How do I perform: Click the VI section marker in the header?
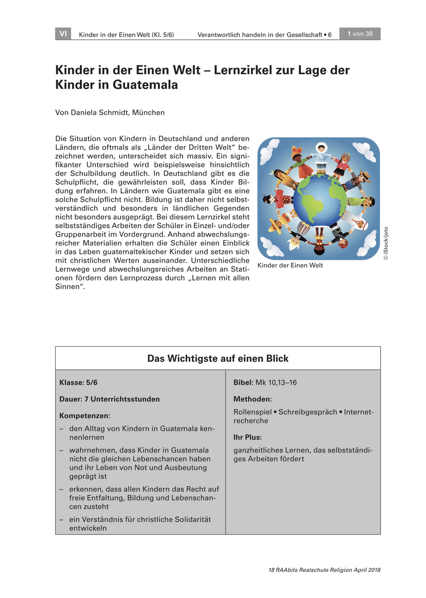click(63, 34)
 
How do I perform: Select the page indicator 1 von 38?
click(360, 34)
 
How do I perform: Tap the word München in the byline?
click(148, 113)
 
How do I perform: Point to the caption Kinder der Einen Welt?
click(290, 266)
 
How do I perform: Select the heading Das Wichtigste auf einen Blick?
click(218, 359)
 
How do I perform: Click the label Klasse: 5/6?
click(78, 383)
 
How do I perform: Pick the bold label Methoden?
click(253, 399)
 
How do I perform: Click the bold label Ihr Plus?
click(248, 437)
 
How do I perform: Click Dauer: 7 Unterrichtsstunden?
click(110, 399)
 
